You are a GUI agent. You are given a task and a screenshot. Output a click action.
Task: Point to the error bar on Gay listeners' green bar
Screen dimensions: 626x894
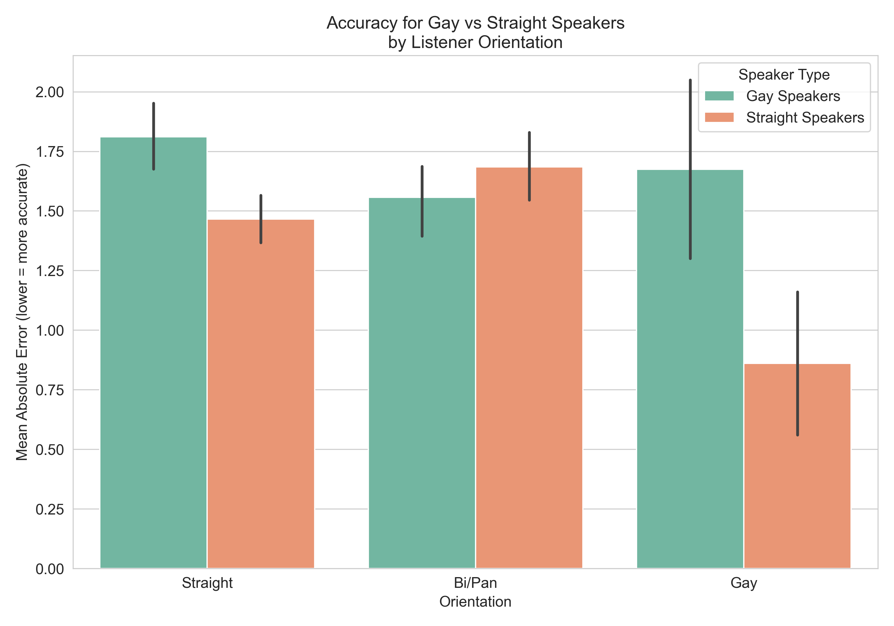coord(690,169)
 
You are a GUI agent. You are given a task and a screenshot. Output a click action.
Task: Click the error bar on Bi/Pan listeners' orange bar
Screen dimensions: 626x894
coord(530,167)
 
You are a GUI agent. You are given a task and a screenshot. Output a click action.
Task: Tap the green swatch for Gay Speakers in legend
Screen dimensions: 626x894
coord(719,96)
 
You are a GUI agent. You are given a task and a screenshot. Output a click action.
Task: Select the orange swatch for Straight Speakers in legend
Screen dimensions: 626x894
coord(719,117)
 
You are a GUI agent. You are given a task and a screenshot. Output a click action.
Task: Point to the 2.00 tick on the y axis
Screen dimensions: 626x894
coord(49,92)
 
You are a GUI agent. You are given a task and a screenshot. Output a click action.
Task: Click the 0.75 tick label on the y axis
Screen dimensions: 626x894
coord(49,390)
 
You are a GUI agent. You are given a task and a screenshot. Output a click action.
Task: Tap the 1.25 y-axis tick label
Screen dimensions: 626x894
coord(49,271)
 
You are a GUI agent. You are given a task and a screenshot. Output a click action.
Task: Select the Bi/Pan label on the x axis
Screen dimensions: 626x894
coord(475,583)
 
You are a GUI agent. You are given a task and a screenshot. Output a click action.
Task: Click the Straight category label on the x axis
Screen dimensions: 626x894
coord(207,583)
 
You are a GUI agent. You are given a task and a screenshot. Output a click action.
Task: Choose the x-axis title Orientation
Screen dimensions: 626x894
coord(475,602)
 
